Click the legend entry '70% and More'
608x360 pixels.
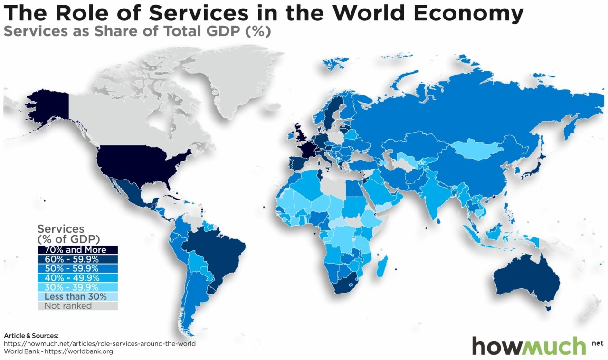78,250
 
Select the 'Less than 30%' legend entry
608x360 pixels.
78,296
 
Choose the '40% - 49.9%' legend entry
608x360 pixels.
78,278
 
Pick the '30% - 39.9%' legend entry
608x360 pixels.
78,287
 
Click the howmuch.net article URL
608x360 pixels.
100,343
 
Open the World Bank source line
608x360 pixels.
58,352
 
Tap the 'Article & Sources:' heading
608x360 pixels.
31,335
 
